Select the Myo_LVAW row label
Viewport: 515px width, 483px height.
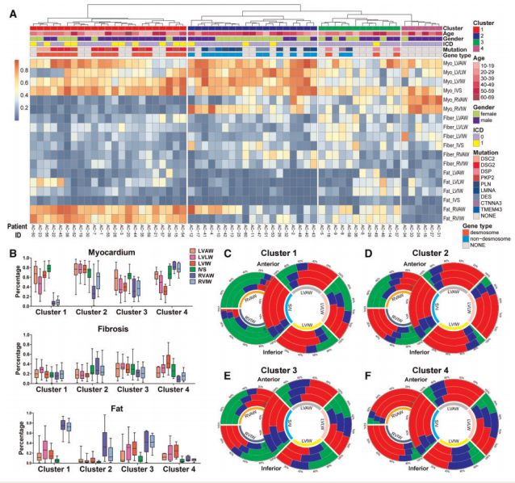click(x=458, y=63)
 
